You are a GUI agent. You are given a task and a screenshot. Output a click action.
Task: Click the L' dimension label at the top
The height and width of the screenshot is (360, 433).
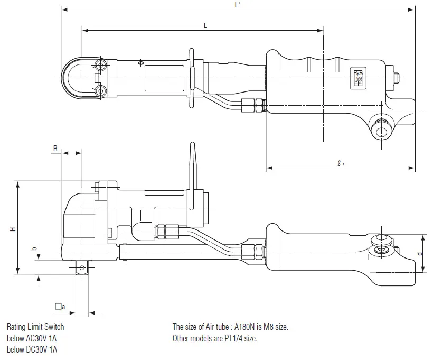pos(237,5)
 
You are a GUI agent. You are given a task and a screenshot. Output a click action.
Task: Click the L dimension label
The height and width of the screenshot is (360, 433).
pos(205,26)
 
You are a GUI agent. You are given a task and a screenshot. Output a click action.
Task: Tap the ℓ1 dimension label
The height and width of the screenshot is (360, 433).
pos(341,163)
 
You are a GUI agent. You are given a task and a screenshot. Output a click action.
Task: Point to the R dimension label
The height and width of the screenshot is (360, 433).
pos(55,148)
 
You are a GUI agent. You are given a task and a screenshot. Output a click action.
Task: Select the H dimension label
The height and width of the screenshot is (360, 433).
pos(13,229)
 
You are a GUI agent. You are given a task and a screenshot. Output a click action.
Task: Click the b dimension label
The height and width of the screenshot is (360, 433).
pos(34,248)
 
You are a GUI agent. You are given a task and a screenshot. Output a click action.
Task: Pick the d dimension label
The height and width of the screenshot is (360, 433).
pos(420,253)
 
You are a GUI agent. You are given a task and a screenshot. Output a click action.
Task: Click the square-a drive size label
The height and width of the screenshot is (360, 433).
pos(60,307)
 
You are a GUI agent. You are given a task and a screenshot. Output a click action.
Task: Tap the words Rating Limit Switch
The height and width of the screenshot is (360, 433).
pos(35,327)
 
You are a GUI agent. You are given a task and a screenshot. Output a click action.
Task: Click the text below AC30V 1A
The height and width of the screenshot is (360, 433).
pos(32,338)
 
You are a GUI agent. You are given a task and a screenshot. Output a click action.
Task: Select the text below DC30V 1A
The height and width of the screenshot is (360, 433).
pos(32,349)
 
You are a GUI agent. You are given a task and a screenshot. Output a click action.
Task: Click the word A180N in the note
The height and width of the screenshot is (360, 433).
pos(244,327)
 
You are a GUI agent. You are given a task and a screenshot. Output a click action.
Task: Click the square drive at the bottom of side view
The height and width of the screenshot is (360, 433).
pos(82,267)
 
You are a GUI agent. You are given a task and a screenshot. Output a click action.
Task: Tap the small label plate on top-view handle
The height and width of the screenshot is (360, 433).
pos(359,78)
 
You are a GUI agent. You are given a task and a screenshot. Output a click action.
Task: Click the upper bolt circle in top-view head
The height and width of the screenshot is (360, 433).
pos(100,65)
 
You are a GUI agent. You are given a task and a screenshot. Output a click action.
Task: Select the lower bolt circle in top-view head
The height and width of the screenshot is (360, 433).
pos(100,91)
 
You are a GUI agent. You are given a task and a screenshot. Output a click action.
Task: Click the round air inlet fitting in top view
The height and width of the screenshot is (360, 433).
pos(381,131)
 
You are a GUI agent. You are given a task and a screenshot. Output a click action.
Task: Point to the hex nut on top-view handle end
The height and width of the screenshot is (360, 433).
pos(396,78)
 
